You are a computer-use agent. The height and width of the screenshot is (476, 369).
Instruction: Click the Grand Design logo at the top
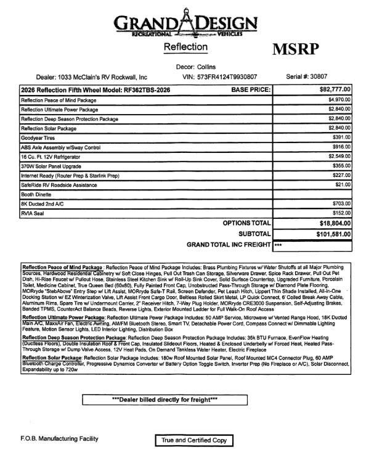184,24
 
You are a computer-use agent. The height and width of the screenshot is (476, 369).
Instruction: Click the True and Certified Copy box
193,440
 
